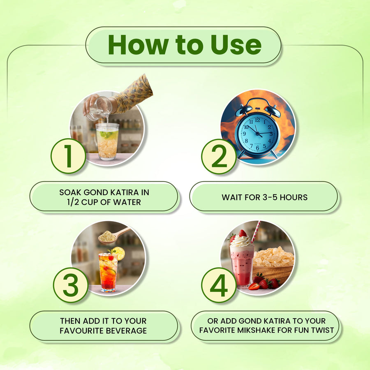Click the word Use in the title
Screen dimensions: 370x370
236,45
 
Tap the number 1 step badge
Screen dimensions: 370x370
68,156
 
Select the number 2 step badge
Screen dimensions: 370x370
219,156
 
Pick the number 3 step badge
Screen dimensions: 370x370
71,285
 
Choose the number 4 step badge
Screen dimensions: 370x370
219,285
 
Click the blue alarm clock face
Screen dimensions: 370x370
258,133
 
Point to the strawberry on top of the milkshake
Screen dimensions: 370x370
242,233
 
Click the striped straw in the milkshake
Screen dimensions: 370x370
256,232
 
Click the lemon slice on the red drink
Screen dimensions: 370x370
119,253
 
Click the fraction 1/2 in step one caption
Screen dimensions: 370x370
73,202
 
